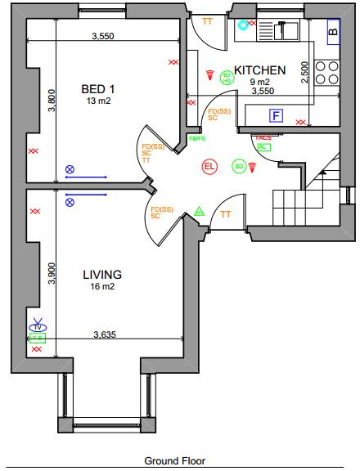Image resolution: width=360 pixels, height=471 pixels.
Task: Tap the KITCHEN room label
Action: coord(260,70)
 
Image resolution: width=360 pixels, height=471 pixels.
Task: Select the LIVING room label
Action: coord(102,275)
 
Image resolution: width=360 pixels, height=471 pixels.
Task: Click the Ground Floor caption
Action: coord(175,461)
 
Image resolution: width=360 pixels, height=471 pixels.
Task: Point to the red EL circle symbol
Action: coord(209,167)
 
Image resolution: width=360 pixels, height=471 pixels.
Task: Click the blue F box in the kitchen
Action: coord(276,115)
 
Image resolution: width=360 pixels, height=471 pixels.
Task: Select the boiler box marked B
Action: coord(332,34)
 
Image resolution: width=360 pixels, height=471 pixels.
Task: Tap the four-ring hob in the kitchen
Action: coord(328,72)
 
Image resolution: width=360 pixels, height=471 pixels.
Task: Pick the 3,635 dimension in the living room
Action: coord(105,334)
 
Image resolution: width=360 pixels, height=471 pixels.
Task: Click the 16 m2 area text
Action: coord(102,288)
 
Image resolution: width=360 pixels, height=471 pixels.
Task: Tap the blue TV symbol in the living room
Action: coord(37,325)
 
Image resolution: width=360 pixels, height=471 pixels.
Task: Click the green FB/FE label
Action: coord(197,138)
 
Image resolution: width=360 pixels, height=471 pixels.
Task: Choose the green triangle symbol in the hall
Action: coord(199,211)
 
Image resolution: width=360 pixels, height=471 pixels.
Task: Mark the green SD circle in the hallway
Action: coord(239,166)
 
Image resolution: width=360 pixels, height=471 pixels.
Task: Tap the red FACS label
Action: coord(263,138)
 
